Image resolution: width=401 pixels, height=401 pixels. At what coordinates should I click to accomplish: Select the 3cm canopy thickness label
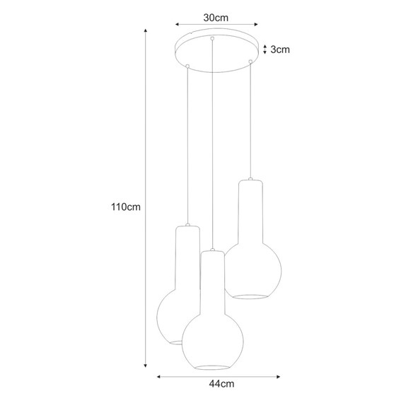tap(280, 50)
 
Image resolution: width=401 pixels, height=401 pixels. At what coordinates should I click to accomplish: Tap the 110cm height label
tap(126, 207)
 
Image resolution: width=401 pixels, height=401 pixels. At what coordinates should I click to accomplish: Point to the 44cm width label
tap(222, 385)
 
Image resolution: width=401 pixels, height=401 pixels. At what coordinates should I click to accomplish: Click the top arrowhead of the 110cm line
tap(146, 33)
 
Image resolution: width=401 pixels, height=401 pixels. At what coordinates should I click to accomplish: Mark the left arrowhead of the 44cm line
tap(159, 376)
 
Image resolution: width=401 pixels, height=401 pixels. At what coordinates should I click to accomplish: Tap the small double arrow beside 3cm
tap(264, 50)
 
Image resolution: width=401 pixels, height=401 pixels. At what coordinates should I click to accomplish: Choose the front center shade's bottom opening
tap(212, 367)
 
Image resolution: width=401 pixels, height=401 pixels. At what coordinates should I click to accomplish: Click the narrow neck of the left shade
tap(187, 255)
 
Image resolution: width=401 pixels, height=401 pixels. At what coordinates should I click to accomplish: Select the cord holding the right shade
tap(251, 120)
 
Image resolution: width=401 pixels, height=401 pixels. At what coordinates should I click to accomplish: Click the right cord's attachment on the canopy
tap(251, 64)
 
